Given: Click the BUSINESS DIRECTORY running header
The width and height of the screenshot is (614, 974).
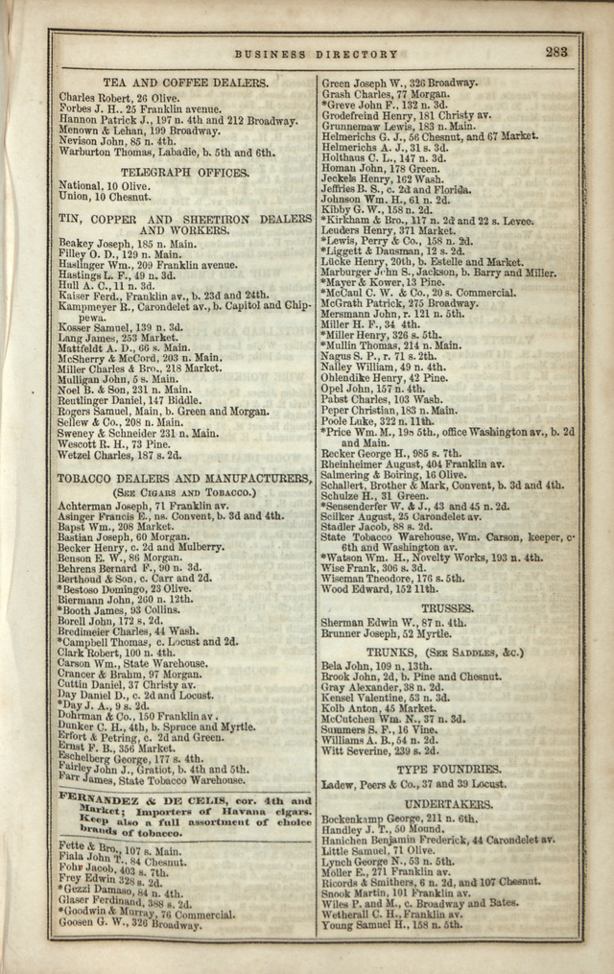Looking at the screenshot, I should pyautogui.click(x=316, y=55).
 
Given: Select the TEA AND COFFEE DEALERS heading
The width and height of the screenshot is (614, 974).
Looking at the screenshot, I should pyautogui.click(x=185, y=83).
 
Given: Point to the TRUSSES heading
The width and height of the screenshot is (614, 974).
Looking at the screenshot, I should pyautogui.click(x=447, y=608).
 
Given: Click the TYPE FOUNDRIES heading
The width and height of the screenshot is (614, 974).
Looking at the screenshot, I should pyautogui.click(x=449, y=770).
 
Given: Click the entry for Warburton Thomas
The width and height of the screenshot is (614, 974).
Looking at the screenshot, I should pyautogui.click(x=167, y=152).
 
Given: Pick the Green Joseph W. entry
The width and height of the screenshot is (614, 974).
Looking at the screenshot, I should pyautogui.click(x=398, y=83).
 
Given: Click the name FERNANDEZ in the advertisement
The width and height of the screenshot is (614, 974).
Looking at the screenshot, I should pyautogui.click(x=101, y=799).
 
